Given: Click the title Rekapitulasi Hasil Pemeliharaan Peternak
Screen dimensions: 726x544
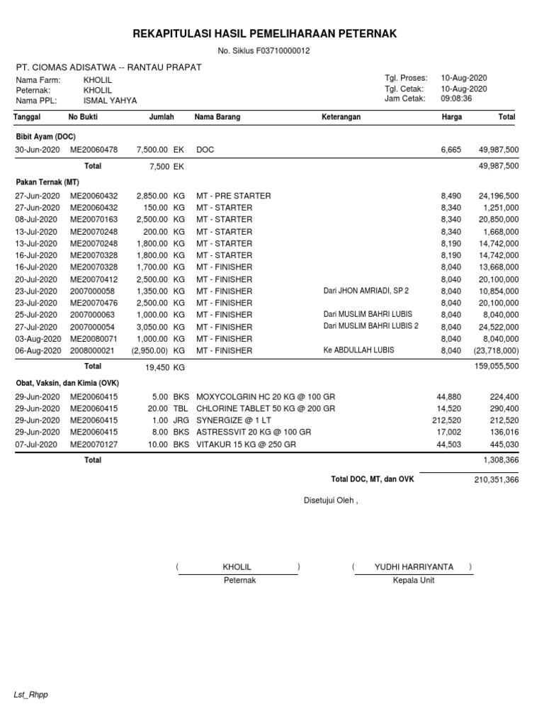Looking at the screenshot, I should coord(265,33).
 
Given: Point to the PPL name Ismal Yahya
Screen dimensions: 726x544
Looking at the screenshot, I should coord(110,101).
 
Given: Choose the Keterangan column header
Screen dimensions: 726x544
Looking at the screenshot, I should coord(341,117).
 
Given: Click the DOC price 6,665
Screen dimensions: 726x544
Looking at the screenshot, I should coord(450,150).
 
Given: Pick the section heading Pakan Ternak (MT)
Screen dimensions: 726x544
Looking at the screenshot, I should coord(48,182).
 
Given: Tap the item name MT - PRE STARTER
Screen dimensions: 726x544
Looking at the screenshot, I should coord(234,196).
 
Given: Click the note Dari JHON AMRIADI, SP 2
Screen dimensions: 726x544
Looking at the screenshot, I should coord(366,291).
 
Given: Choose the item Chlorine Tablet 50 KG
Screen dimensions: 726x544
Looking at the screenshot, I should coord(265,409).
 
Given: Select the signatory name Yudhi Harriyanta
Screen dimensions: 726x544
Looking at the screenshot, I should coord(414,567).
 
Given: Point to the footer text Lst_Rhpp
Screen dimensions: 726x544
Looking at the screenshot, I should coord(31,695).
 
